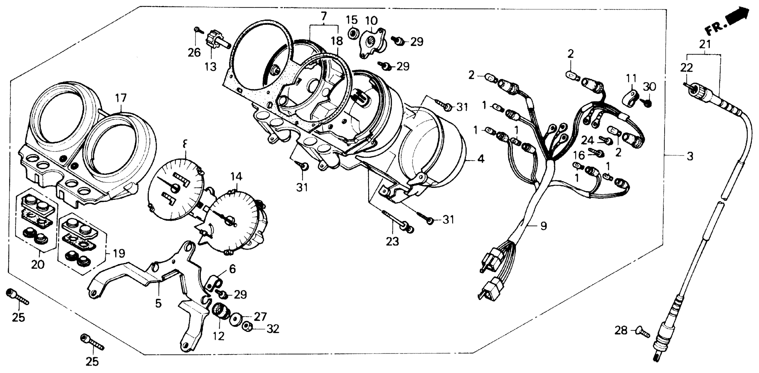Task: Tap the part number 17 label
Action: (x=121, y=98)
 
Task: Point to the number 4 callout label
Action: (x=481, y=159)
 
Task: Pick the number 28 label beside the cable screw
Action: (x=621, y=331)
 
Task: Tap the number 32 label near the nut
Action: (x=273, y=329)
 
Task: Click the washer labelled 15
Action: (x=352, y=34)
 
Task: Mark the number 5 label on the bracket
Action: (x=159, y=303)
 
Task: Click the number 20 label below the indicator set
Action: (x=38, y=264)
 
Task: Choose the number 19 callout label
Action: (x=119, y=253)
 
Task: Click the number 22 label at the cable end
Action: (x=687, y=68)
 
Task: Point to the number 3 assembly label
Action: (x=690, y=156)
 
